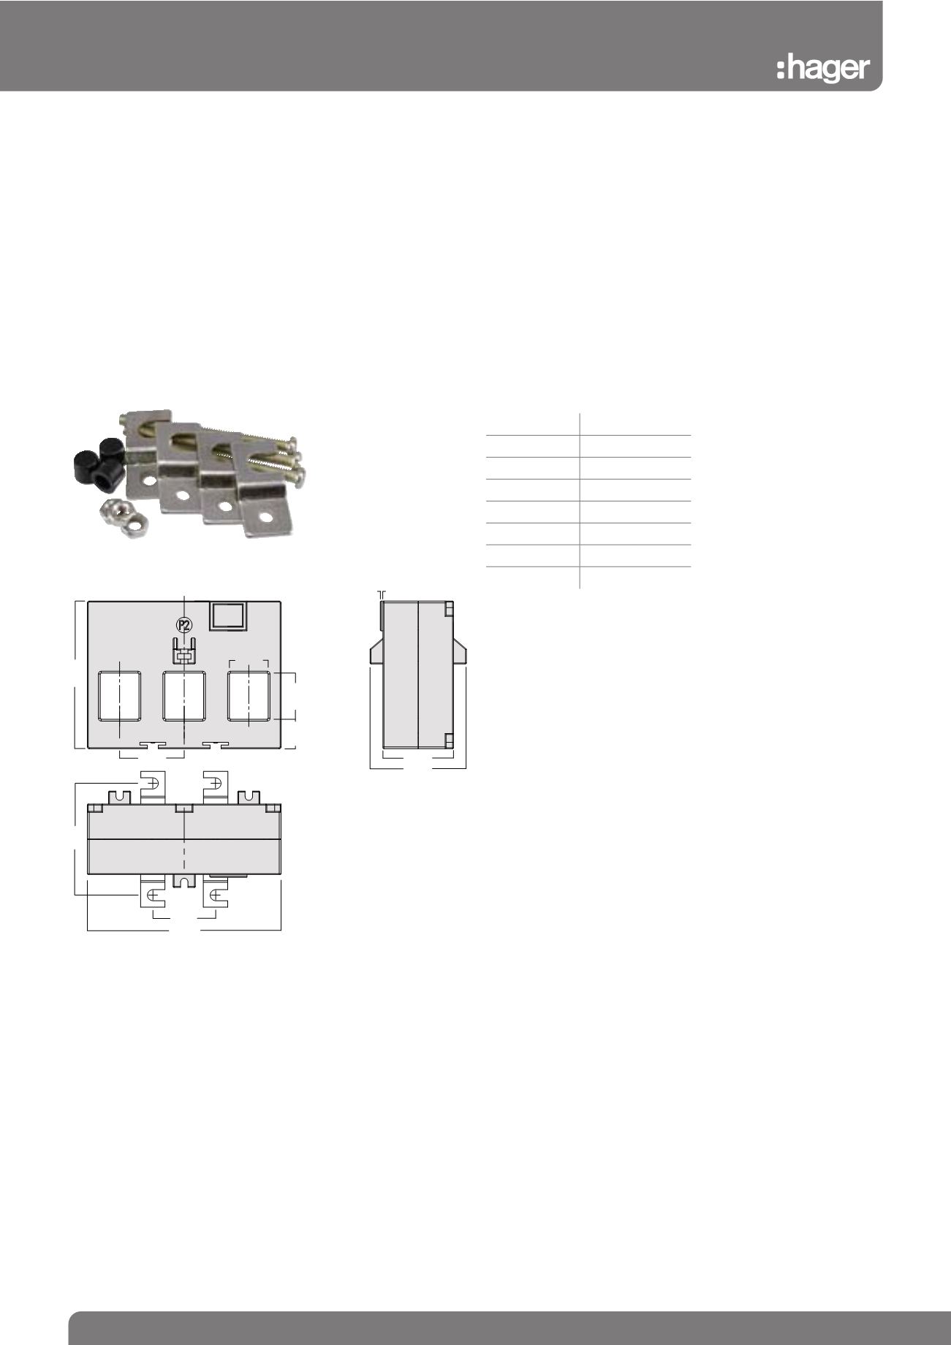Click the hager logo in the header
(822, 68)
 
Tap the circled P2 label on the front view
(184, 625)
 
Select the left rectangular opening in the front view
(120, 696)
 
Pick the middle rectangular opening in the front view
(184, 696)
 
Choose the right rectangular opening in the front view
(249, 696)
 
